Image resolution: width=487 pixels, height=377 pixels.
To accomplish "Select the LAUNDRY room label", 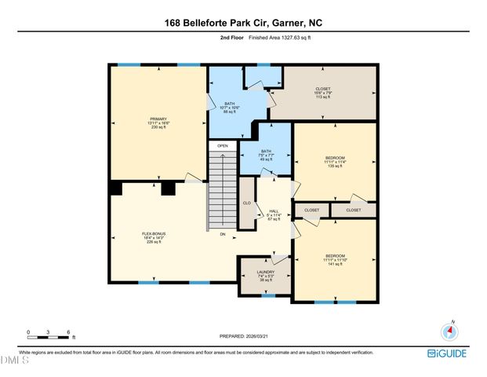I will point(265,273).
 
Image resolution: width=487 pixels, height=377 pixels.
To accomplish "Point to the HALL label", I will point(274,210).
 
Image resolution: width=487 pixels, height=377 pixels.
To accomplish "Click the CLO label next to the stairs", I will point(246,203).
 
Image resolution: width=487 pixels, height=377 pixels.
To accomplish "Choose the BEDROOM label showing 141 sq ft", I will point(335,256).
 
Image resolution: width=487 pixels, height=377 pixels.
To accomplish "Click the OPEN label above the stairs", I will point(223,145).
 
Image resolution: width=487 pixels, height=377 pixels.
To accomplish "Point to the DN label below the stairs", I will point(223,234).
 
